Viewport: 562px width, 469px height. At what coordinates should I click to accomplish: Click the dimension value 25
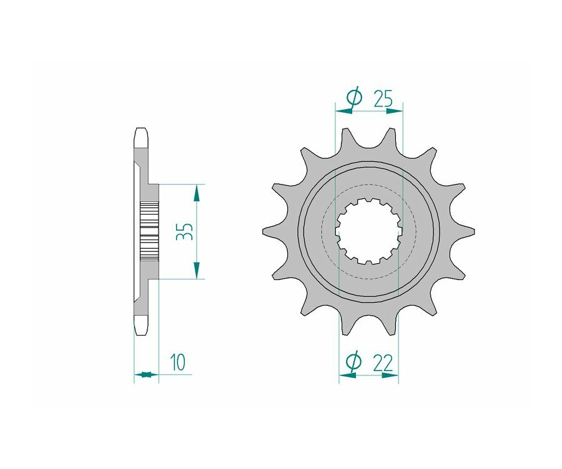(383, 99)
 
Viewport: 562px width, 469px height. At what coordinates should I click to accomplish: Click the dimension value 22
(383, 363)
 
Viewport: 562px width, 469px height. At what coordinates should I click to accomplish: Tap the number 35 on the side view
(185, 231)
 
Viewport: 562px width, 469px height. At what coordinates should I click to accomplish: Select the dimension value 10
(178, 362)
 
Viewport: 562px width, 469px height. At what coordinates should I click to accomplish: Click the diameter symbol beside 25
(355, 97)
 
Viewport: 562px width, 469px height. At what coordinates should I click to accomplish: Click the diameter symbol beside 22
(353, 362)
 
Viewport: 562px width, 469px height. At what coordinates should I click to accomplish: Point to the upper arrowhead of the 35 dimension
(196, 194)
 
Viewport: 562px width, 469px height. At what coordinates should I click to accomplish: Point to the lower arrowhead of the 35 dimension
(196, 269)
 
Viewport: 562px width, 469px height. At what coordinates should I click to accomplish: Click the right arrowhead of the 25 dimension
(394, 112)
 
